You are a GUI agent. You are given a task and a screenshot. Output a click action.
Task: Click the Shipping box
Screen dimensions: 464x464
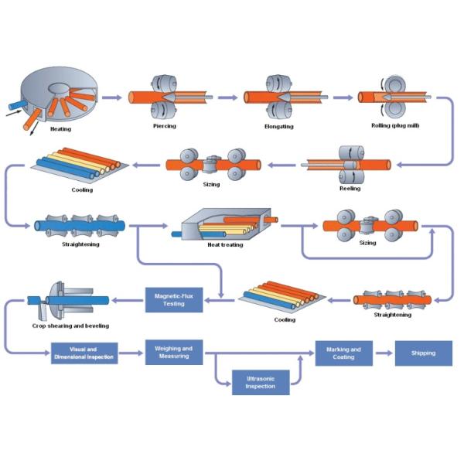pyautogui.click(x=424, y=353)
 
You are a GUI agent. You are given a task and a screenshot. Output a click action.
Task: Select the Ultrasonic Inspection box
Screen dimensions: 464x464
pyautogui.click(x=261, y=382)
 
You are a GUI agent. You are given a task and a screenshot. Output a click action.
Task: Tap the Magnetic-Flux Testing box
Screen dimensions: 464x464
pyautogui.click(x=174, y=300)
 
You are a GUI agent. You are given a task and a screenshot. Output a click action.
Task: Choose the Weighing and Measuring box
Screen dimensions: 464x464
pyautogui.click(x=174, y=352)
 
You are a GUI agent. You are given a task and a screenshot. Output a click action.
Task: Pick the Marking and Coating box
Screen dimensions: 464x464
pyautogui.click(x=344, y=353)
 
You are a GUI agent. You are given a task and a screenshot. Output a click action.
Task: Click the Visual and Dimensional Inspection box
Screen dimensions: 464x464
pyautogui.click(x=84, y=353)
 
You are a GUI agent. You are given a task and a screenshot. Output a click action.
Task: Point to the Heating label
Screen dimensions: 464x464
pyautogui.click(x=60, y=129)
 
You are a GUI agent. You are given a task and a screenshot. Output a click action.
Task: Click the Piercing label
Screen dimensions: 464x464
pyautogui.click(x=165, y=126)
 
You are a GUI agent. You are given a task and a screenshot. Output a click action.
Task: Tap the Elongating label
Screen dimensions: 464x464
pyautogui.click(x=279, y=126)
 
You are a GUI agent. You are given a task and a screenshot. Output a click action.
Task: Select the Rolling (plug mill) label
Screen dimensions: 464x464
pyautogui.click(x=395, y=125)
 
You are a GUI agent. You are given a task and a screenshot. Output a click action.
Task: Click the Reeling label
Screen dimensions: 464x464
pyautogui.click(x=350, y=188)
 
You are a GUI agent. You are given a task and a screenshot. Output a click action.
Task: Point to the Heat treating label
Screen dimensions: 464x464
pyautogui.click(x=225, y=244)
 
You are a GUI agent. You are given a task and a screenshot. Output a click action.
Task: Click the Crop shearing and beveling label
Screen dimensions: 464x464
pyautogui.click(x=70, y=326)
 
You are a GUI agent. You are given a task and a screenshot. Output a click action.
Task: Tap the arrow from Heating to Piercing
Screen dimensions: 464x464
pyautogui.click(x=112, y=97)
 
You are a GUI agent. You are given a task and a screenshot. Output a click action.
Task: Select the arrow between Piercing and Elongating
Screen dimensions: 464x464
pyautogui.click(x=227, y=97)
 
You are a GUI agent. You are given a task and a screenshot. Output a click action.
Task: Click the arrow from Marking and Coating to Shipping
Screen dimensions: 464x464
pyautogui.click(x=384, y=353)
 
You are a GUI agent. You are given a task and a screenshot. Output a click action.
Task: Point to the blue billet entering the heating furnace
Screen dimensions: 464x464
pyautogui.click(x=18, y=105)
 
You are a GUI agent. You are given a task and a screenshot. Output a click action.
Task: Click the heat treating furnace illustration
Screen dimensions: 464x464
pyautogui.click(x=225, y=224)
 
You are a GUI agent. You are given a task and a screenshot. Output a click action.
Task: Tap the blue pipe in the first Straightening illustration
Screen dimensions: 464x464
pyautogui.click(x=80, y=226)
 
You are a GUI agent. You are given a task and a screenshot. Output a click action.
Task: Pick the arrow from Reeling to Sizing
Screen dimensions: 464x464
pyautogui.click(x=281, y=165)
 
